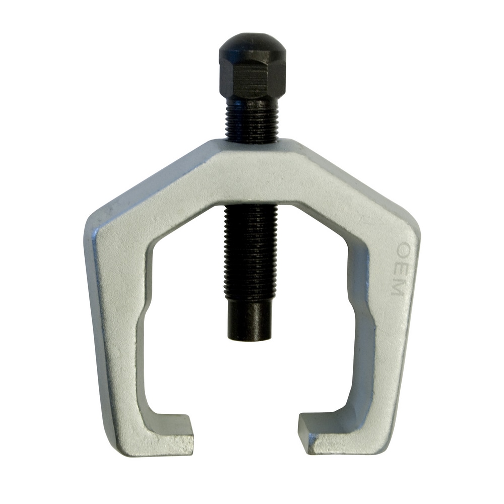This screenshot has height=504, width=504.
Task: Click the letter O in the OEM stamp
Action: [405, 249]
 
